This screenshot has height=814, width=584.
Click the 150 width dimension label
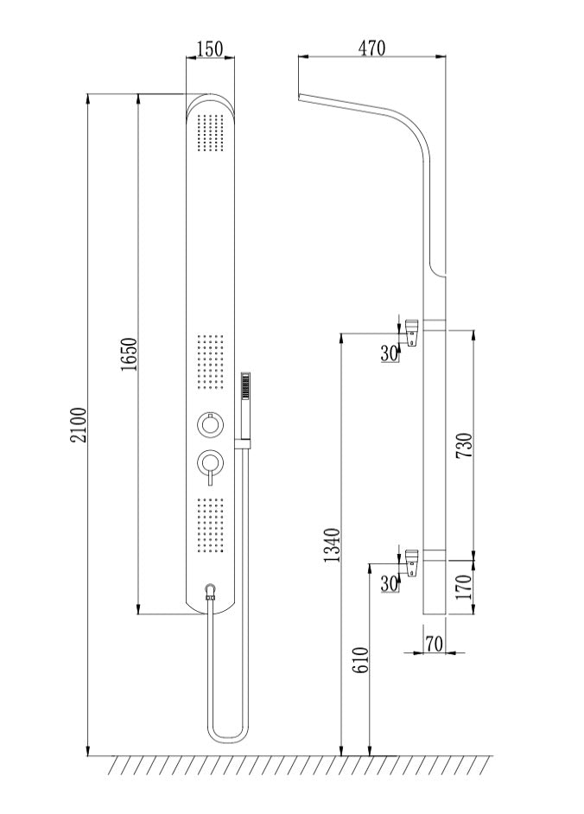pyautogui.click(x=210, y=48)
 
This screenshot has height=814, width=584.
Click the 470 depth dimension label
pyautogui.click(x=371, y=48)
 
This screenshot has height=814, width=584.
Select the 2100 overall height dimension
pyautogui.click(x=78, y=424)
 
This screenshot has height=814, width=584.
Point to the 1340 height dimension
pyautogui.click(x=332, y=544)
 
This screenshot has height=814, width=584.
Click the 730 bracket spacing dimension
pyautogui.click(x=463, y=444)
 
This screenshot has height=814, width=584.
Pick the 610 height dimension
pyautogui.click(x=360, y=661)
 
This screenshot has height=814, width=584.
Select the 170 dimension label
pyautogui.click(x=463, y=587)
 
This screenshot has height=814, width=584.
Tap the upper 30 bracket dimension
pyautogui.click(x=390, y=353)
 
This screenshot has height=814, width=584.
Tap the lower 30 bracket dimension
pyautogui.click(x=390, y=584)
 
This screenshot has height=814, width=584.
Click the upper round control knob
pyautogui.click(x=208, y=425)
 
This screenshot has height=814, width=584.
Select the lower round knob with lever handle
pyautogui.click(x=208, y=464)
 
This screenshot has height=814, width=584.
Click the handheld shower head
pyautogui.click(x=246, y=385)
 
